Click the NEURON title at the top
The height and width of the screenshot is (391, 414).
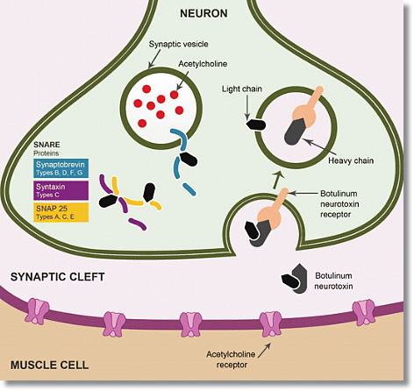pyautogui.click(x=203, y=13)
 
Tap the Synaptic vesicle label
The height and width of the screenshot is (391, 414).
pyautogui.click(x=178, y=44)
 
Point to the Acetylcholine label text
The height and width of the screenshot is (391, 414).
pyautogui.click(x=203, y=64)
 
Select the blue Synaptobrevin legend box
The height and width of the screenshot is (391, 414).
pyautogui.click(x=61, y=168)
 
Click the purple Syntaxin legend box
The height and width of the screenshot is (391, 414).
pyautogui.click(x=61, y=190)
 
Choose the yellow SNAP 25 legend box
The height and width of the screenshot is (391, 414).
pyautogui.click(x=61, y=212)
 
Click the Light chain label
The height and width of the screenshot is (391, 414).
pyautogui.click(x=241, y=89)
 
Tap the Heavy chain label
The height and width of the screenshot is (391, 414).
pyautogui.click(x=351, y=160)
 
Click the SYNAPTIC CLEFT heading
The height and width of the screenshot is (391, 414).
pyautogui.click(x=57, y=277)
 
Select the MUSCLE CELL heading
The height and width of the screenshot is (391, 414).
pyautogui.click(x=49, y=365)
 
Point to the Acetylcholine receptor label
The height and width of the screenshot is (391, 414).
pyautogui.click(x=231, y=359)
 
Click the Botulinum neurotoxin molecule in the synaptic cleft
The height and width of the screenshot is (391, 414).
pyautogui.click(x=295, y=279)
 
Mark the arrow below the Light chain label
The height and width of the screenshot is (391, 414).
pyautogui.click(x=247, y=107)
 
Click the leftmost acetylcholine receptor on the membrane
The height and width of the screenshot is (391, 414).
pyautogui.click(x=39, y=311)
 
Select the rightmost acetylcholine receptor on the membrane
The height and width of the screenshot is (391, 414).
pyautogui.click(x=364, y=312)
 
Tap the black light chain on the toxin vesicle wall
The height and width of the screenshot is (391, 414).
pyautogui.click(x=256, y=124)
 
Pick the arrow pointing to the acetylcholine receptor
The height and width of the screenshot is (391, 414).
pyautogui.click(x=264, y=351)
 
